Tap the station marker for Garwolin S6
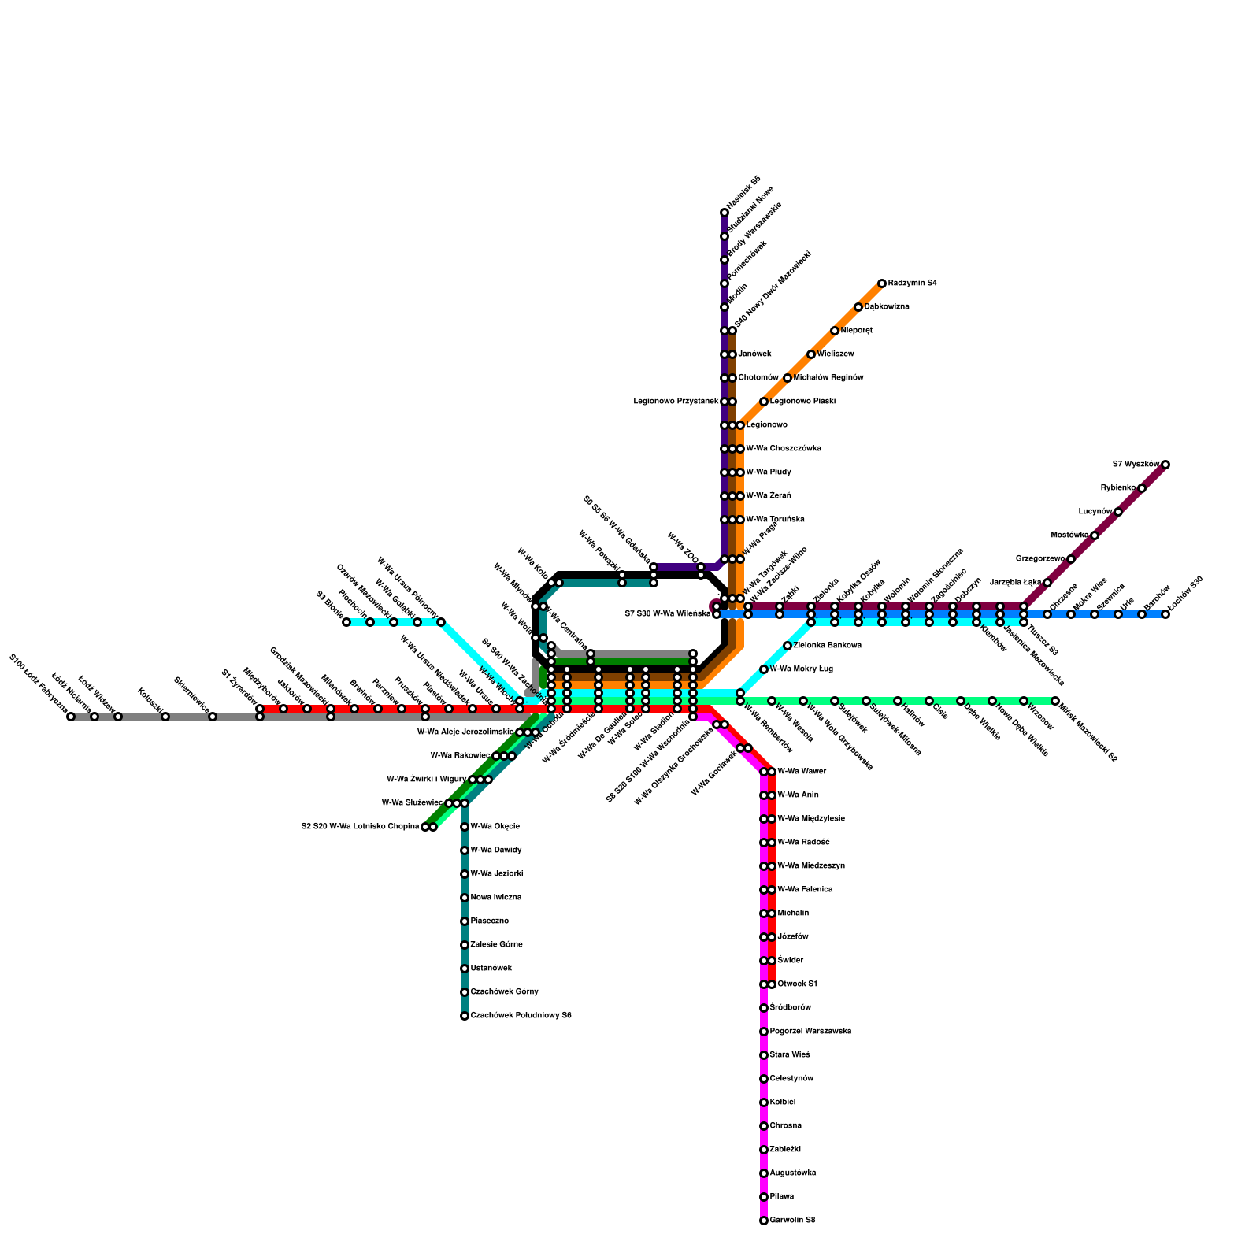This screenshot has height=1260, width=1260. coord(763,1221)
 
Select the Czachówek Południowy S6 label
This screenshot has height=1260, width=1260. coord(521,1016)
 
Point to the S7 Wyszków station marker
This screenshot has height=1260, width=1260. coord(1165,465)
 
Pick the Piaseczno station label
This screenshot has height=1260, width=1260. coord(489,921)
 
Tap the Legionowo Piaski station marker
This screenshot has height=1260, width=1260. coord(764,402)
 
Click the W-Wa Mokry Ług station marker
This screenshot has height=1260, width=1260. coord(764,669)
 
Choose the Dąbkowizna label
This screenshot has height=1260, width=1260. coord(887,307)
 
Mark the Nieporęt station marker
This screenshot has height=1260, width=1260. coord(835,331)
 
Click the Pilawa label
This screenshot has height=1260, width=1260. coord(782,1197)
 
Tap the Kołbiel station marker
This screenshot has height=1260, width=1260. coord(763,1102)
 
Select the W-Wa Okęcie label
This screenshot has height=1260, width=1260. coord(495,827)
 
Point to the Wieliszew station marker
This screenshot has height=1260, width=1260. coord(811,354)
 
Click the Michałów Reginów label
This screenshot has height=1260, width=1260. coord(828,378)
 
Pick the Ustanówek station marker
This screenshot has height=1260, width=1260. coord(465,969)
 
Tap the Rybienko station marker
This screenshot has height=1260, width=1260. coord(1142,488)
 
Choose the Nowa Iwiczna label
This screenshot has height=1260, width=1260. coord(495,898)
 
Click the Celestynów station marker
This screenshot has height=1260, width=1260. coord(763,1079)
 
